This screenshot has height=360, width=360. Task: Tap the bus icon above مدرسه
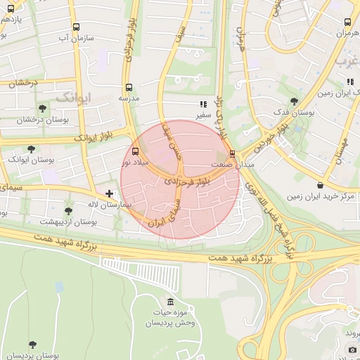click(128, 88)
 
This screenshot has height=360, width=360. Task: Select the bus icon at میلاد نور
click(135, 151)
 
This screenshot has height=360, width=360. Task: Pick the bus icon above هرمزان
click(347, 23)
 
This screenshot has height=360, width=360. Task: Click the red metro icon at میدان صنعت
click(232, 153)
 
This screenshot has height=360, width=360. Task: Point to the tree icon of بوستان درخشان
click(43, 109)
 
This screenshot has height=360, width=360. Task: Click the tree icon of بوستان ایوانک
click(31, 149)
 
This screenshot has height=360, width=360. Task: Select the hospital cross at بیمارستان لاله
click(109, 193)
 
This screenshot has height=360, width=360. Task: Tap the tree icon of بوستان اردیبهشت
click(68, 211)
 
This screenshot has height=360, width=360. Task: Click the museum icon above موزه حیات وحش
click(172, 302)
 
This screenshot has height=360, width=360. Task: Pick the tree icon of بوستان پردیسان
click(32, 345)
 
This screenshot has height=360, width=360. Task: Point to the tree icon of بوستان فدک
click(293, 102)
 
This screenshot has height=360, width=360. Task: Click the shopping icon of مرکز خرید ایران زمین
click(321, 185)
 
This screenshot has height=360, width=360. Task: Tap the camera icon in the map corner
click(352, 349)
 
